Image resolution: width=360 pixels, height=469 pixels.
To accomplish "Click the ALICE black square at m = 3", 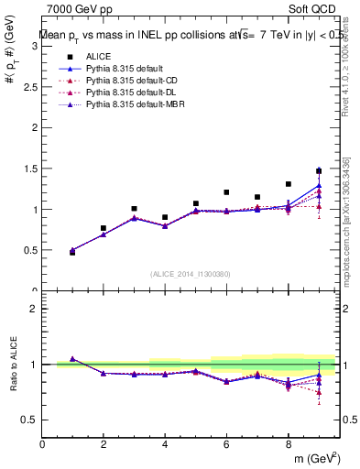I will (134, 209).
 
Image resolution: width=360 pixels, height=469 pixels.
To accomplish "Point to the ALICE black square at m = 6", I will (226, 192).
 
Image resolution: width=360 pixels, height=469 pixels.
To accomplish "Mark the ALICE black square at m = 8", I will (289, 184).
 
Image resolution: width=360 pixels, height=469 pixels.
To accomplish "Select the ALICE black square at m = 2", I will (104, 228).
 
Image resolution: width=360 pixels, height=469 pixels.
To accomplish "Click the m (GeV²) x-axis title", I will (314, 460).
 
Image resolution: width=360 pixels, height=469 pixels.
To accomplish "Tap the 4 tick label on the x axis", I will (165, 444).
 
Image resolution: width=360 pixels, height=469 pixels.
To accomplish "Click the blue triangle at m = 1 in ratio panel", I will (72, 359).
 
